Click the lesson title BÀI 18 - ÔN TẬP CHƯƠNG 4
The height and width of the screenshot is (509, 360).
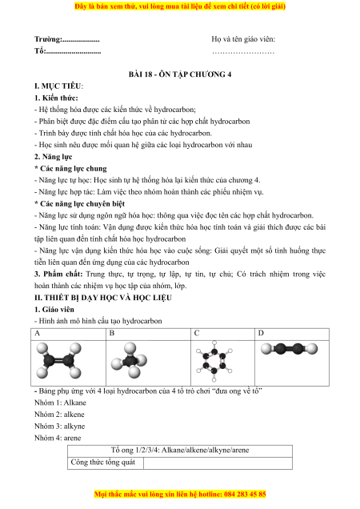pos(180,74)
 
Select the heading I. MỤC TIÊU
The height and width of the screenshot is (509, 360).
pos(58,86)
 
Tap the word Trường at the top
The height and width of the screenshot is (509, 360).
pos(48,39)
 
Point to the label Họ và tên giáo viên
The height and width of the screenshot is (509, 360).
pos(243,39)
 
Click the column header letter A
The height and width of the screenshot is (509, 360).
pos(38,334)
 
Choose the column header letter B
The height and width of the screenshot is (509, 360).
pos(112,334)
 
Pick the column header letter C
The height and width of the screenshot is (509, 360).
pos(197,334)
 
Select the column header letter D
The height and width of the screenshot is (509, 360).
pos(261,334)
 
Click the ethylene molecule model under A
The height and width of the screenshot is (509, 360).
pos(58,361)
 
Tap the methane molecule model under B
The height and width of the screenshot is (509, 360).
pos(129,360)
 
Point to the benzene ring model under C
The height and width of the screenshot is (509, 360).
pos(214,361)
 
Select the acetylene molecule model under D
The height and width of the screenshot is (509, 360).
pos(290,349)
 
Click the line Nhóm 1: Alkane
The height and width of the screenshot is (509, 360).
pos(60,403)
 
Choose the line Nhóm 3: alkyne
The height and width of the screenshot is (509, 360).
pos(60,427)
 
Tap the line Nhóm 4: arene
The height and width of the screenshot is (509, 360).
pos(58,438)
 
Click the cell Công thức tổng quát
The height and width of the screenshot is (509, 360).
pos(103,463)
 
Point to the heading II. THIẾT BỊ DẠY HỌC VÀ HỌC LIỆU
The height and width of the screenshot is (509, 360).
pos(103,298)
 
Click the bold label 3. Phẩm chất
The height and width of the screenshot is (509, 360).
pos(58,275)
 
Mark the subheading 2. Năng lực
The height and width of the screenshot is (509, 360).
pos(54,157)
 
